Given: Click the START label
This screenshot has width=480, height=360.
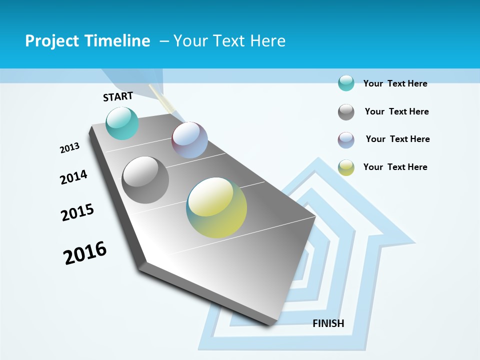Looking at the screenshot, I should tap(118, 96).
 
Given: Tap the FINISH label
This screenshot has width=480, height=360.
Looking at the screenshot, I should tap(328, 323).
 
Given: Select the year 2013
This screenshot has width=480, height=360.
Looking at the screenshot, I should tap(70, 148).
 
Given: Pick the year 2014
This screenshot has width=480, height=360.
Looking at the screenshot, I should tap(74, 177).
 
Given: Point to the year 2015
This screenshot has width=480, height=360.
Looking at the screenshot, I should tap(77, 212).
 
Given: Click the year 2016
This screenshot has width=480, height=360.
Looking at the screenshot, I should tap(85, 252).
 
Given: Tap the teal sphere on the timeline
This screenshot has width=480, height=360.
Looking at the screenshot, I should tap(122, 123).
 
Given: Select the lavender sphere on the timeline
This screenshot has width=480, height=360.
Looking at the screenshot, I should tap(189, 140).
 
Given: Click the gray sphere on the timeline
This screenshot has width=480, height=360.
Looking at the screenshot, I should tap(145, 180).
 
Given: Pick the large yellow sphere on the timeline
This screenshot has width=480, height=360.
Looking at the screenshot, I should tap(216, 207).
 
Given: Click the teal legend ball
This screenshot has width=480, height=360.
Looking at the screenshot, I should tap(346, 83).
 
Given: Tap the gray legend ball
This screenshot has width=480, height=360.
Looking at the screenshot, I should tap(346, 112).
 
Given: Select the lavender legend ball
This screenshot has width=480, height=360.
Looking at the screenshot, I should tap(346, 140).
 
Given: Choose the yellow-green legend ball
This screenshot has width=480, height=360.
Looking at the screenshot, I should tap(346, 167).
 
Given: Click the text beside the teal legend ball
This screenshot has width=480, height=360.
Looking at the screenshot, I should tap(395, 83).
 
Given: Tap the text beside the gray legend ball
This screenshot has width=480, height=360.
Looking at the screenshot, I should tap(396, 111).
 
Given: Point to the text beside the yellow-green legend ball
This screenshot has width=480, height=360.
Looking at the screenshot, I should tap(395, 167).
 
